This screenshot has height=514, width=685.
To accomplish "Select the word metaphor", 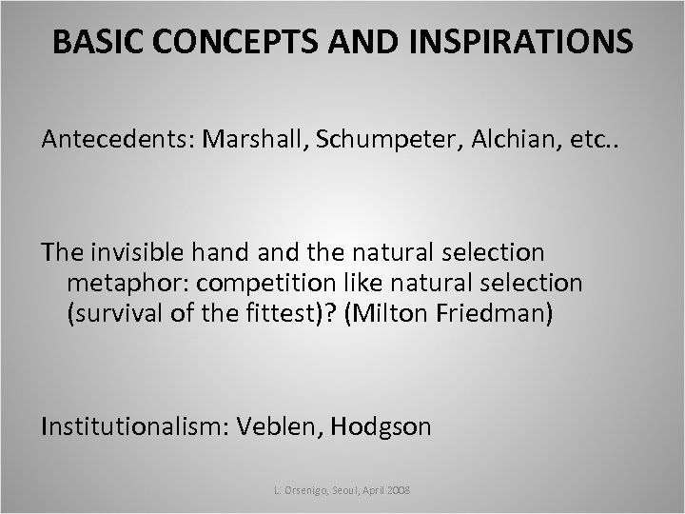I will [120, 283].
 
